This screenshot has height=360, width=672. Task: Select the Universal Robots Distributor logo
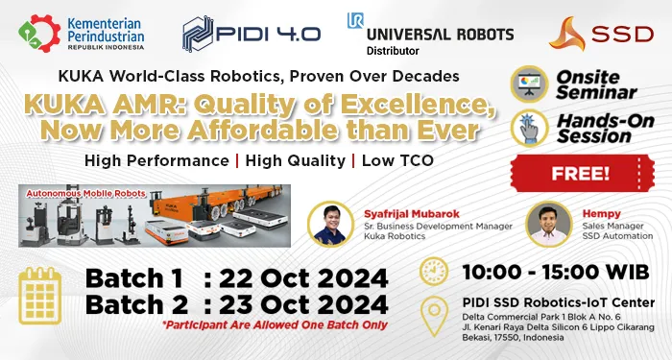430,33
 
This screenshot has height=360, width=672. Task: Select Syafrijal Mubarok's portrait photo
326,224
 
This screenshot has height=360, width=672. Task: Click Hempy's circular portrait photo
544,223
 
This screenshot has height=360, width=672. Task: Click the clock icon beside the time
437,271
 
